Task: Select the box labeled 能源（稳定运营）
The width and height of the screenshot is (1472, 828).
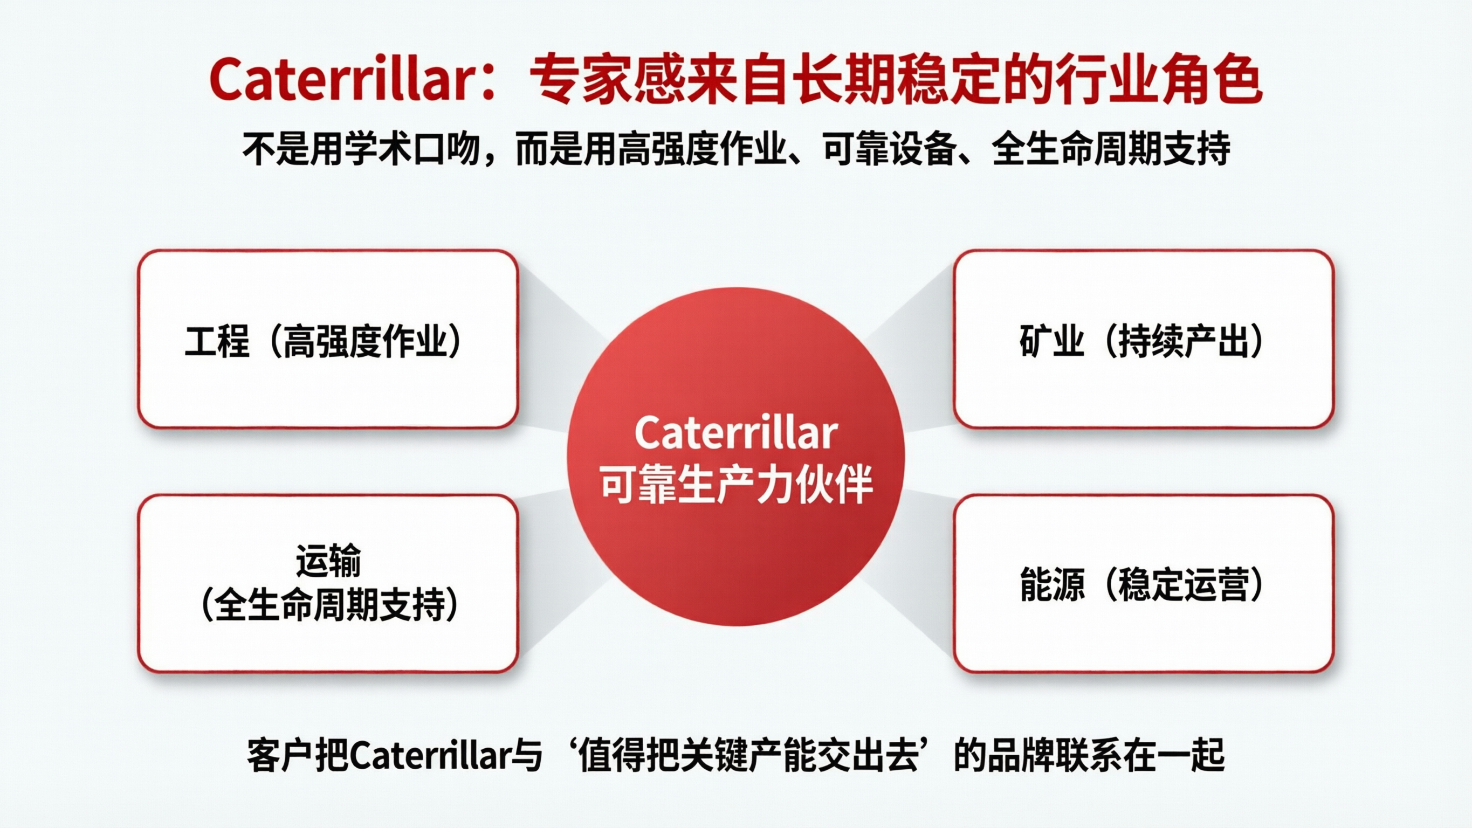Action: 1143,583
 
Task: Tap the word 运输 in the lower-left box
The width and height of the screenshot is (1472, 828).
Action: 328,561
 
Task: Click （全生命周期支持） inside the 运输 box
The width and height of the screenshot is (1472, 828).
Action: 328,605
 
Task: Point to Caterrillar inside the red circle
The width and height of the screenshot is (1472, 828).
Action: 736,433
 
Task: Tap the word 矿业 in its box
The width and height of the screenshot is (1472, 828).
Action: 1051,341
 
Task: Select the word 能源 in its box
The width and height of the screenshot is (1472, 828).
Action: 1051,584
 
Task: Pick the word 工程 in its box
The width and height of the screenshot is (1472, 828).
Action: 217,341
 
